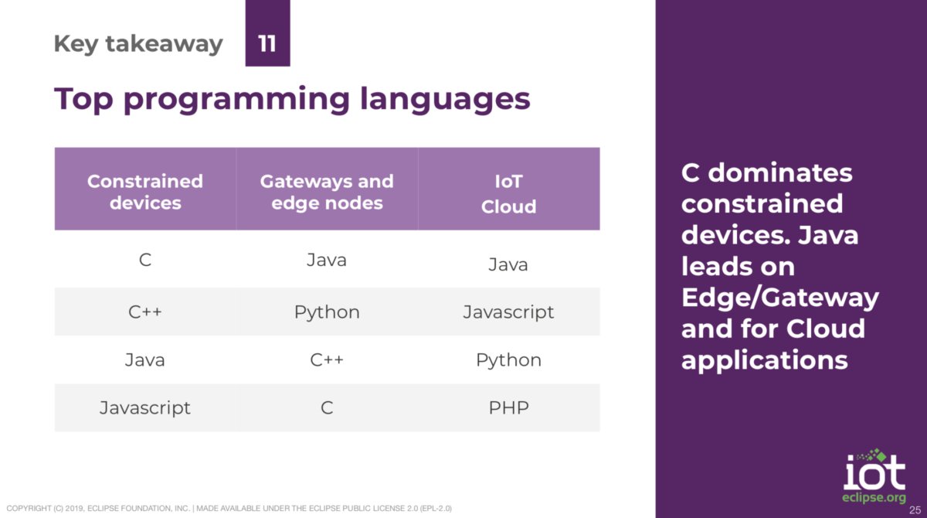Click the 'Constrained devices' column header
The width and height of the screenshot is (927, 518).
coord(145,192)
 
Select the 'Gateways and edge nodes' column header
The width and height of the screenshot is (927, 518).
coord(327,192)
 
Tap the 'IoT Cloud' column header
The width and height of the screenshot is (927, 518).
coord(508,193)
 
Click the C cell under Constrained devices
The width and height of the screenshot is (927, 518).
coord(145,260)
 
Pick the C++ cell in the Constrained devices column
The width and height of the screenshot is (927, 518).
coord(145,312)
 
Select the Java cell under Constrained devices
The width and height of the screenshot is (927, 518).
coord(145,360)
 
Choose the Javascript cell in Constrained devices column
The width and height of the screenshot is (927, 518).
coord(145,407)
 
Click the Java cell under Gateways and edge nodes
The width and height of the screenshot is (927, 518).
coord(327,260)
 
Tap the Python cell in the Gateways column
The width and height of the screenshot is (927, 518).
coord(327,312)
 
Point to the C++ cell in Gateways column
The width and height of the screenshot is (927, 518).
coord(327,360)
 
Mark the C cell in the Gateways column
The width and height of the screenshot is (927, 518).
coord(327,407)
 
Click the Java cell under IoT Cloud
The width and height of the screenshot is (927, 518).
coord(508,264)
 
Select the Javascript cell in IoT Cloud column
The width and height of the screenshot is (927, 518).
coord(508,312)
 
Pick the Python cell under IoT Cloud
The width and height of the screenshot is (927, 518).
coord(508,360)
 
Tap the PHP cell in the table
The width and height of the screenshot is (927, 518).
coord(508,407)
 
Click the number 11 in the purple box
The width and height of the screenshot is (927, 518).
coord(267,43)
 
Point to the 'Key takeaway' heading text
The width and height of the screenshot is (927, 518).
coord(138,44)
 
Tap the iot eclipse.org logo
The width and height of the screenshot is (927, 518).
coord(874,475)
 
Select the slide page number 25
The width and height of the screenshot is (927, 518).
coord(915,510)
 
